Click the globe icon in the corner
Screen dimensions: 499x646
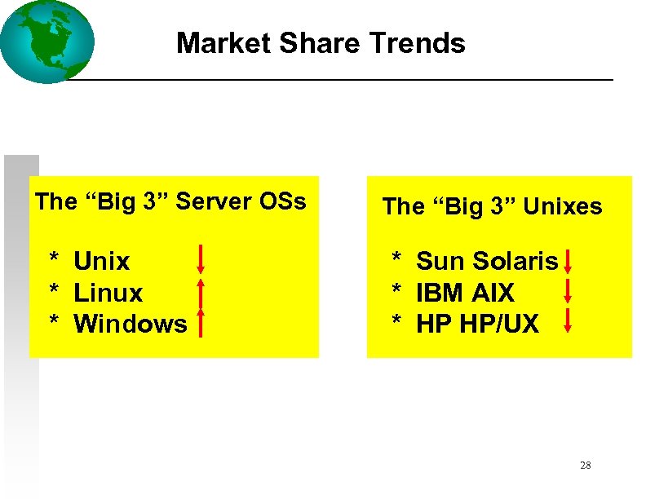pyautogui.click(x=46, y=42)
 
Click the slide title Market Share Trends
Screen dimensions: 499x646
pyautogui.click(x=321, y=42)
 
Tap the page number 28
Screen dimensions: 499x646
pyautogui.click(x=585, y=466)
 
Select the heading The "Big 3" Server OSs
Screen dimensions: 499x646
pyautogui.click(x=170, y=201)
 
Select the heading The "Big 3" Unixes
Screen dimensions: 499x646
pyautogui.click(x=492, y=207)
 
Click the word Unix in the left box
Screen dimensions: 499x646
pyautogui.click(x=102, y=262)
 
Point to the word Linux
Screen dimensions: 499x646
pyautogui.click(x=108, y=293)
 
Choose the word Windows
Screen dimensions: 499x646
pyautogui.click(x=131, y=324)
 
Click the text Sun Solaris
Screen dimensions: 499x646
pyautogui.click(x=487, y=262)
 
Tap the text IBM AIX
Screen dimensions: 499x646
pyautogui.click(x=465, y=293)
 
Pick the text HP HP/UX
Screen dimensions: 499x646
pyautogui.click(x=477, y=324)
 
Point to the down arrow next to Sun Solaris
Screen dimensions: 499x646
pyautogui.click(x=568, y=262)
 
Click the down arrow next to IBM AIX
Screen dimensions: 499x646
pyautogui.click(x=568, y=291)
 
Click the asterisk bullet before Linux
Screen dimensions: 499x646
pyautogui.click(x=55, y=291)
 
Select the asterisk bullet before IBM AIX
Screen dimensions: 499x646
pyautogui.click(x=397, y=291)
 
